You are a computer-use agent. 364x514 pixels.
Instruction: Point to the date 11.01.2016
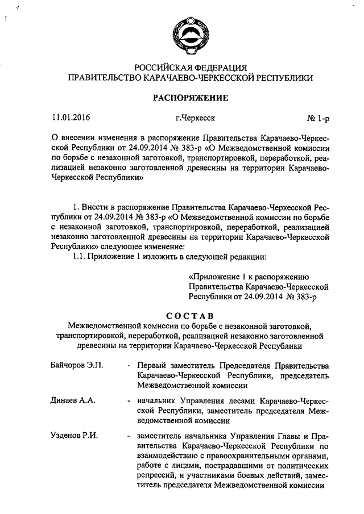tap(71, 119)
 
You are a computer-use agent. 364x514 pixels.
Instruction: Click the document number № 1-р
tap(318, 119)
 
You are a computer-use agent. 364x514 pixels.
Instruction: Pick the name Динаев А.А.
tap(72, 400)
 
